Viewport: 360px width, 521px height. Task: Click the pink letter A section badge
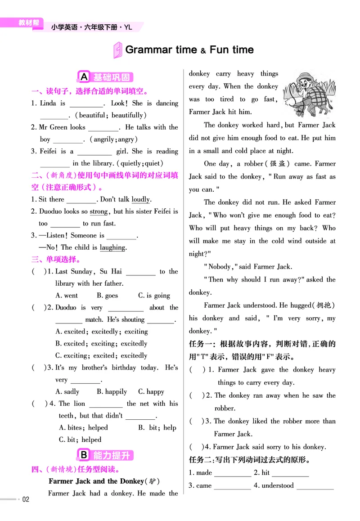pyautogui.click(x=84, y=77)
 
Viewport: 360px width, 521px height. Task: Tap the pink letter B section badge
pyautogui.click(x=84, y=455)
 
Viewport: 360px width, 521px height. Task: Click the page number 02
pyautogui.click(x=26, y=499)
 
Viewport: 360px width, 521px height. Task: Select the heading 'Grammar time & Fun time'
pyautogui.click(x=189, y=49)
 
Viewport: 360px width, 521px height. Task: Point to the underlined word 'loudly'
pyautogui.click(x=141, y=199)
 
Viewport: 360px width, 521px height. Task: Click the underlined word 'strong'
pyautogui.click(x=99, y=211)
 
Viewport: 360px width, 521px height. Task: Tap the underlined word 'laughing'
pyautogui.click(x=112, y=247)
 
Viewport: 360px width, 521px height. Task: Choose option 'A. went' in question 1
pyautogui.click(x=66, y=296)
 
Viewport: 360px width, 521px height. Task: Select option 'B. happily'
pyautogui.click(x=112, y=392)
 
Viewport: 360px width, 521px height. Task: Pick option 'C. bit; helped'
pyautogui.click(x=80, y=440)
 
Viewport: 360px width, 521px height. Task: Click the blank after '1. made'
pyautogui.click(x=232, y=473)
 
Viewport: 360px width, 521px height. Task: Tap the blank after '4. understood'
pyautogui.click(x=315, y=486)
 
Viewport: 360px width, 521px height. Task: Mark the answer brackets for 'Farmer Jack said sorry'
pyautogui.click(x=194, y=447)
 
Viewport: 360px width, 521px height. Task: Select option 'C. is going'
pyautogui.click(x=154, y=296)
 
